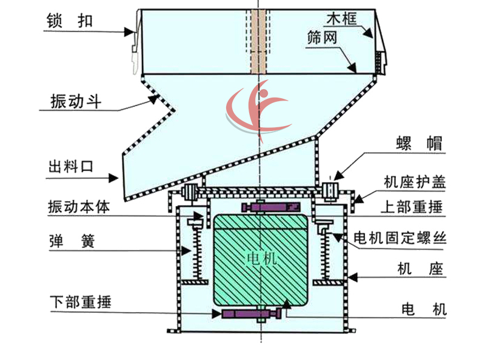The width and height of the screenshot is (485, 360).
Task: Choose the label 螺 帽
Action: pos(422,144)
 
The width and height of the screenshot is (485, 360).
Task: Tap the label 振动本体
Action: pos(79,206)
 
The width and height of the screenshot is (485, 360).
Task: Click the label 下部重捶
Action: pos(80,301)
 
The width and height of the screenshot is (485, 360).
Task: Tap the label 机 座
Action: pos(420,268)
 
